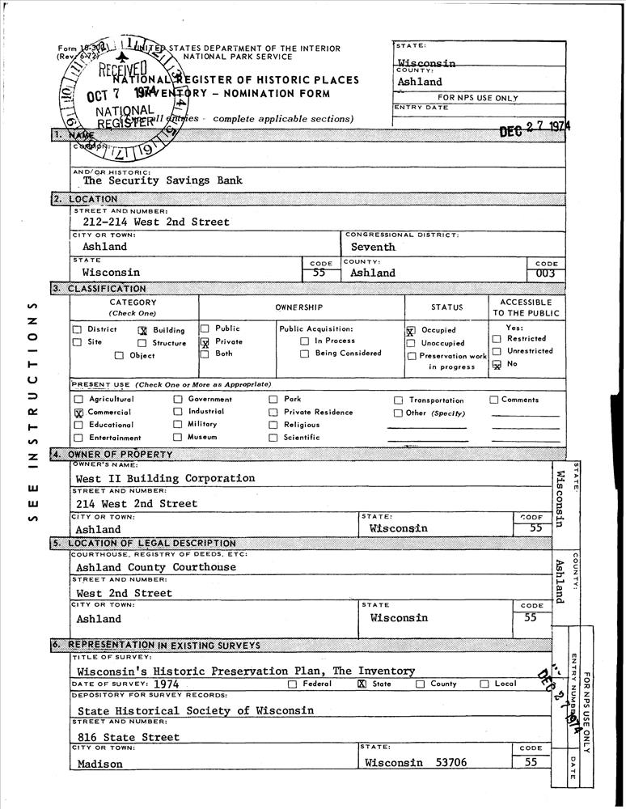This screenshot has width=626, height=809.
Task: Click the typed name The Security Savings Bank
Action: [x=163, y=181]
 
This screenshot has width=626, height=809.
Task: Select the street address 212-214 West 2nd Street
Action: [x=156, y=222]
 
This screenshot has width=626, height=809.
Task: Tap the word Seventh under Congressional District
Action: [x=373, y=247]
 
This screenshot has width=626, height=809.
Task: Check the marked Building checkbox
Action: [x=142, y=330]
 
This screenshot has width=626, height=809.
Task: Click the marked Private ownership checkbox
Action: [x=205, y=342]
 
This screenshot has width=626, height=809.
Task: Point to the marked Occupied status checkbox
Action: [x=411, y=331]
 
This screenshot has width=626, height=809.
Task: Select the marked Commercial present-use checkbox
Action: [x=78, y=413]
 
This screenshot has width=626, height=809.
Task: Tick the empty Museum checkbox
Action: [x=177, y=437]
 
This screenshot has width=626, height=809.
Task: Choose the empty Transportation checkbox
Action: [x=398, y=400]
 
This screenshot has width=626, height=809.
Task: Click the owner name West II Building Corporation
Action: [x=165, y=478]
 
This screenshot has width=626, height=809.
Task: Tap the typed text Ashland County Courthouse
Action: [x=156, y=567]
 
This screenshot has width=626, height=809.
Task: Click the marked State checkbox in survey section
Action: [x=362, y=684]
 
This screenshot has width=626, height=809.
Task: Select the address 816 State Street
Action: [x=129, y=737]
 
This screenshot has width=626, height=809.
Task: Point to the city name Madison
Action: [x=100, y=764]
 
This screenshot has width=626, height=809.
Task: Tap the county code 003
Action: [x=546, y=274]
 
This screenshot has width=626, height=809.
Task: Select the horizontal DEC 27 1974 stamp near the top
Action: [x=534, y=129]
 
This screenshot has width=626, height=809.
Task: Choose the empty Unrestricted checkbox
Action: [x=497, y=352]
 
